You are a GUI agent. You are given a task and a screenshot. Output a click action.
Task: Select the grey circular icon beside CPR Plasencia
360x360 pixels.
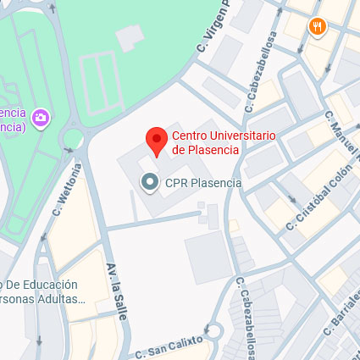pyautogui.click(x=150, y=182)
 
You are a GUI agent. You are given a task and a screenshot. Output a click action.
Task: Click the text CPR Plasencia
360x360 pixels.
pyautogui.click(x=203, y=182)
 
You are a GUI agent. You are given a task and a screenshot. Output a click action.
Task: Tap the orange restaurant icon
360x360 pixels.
pyautogui.click(x=318, y=26)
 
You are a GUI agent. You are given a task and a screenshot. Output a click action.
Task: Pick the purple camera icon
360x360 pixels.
pyautogui.click(x=40, y=117)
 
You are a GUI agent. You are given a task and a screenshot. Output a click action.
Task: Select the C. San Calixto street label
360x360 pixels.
pyautogui.click(x=169, y=346)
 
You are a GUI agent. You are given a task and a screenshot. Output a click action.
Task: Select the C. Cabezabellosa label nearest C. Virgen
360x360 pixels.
pyautogui.click(x=260, y=72)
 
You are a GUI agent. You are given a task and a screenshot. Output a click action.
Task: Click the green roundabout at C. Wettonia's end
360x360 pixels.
pyautogui.click(x=74, y=138)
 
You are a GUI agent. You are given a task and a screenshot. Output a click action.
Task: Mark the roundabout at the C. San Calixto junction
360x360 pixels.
pyautogui.click(x=211, y=331)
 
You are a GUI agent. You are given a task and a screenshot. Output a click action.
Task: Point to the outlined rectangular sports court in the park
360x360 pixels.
pyautogui.click(x=97, y=81)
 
